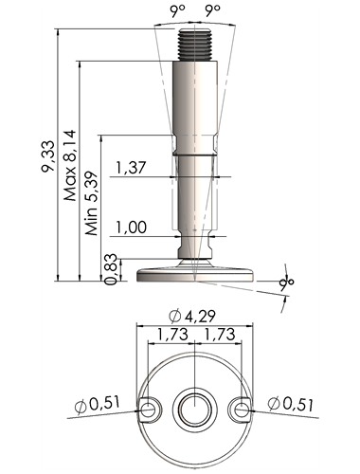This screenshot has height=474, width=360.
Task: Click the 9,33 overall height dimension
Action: (x=47, y=156)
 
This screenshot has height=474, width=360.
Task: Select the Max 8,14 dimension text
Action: (x=70, y=165)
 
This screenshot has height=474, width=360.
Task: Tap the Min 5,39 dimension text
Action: (x=91, y=203)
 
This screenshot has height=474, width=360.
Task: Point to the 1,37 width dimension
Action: (x=131, y=168)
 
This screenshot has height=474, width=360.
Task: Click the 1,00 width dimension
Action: (x=132, y=228)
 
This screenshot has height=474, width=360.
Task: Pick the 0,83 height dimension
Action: (x=111, y=269)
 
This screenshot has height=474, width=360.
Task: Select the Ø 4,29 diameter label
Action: (x=192, y=317)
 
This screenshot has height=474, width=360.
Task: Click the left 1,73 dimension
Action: (x=172, y=335)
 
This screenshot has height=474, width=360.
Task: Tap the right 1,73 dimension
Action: (x=220, y=335)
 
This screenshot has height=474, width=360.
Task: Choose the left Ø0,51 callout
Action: (x=98, y=404)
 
